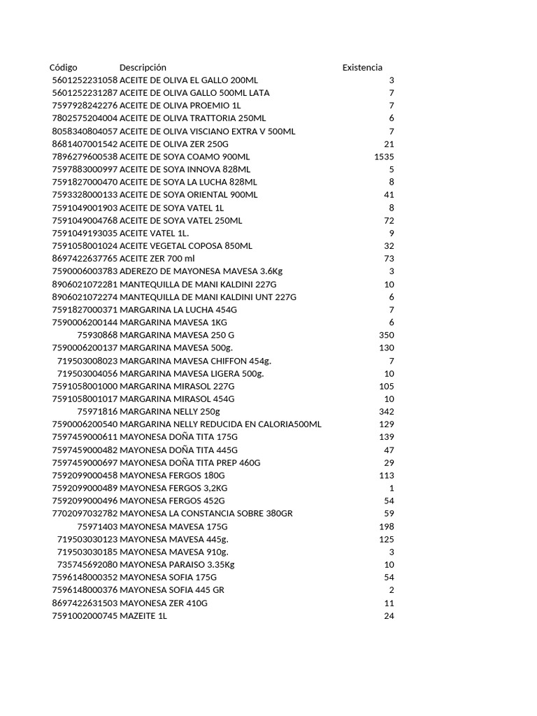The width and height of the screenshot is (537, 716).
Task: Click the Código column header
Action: pos(64,67)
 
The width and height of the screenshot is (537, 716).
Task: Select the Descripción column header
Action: pos(143,67)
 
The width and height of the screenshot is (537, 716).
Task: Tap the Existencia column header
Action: pos(362,67)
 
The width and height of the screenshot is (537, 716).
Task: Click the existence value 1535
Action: pos(384,156)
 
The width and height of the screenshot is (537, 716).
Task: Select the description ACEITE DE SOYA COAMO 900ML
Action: pos(185,156)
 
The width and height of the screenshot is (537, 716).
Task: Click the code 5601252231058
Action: pos(85,80)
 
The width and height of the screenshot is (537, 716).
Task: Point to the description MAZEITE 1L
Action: pos(143,616)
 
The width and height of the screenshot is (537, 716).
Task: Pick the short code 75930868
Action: pos(97,335)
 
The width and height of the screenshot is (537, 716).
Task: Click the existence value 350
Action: pos(387,335)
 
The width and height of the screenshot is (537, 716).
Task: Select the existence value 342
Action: pos(387,412)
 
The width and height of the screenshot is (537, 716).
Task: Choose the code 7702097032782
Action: pos(85,514)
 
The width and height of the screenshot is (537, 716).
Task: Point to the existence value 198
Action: pos(387,527)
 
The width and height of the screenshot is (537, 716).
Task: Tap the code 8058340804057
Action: pos(85,131)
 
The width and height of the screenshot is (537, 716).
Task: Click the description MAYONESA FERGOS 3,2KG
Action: pos(174,488)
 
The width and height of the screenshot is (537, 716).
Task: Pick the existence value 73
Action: pos(389,259)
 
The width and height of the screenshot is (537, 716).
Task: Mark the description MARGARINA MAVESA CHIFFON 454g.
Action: pos(195,361)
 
